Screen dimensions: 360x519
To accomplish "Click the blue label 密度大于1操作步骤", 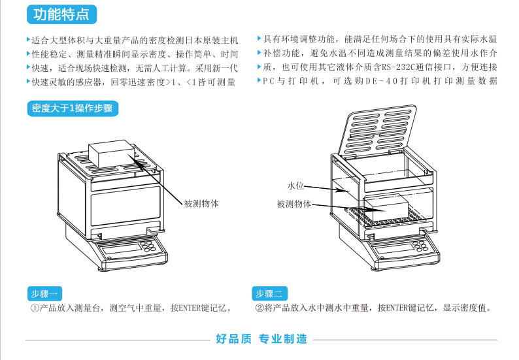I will (72, 108).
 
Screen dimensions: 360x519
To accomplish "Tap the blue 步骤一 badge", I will (44, 293).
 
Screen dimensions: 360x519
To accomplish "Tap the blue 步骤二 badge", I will (269, 293).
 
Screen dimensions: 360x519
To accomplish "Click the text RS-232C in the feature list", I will (397, 67).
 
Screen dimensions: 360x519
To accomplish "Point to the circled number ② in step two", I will (259, 308).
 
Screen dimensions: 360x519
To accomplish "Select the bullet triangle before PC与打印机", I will (259, 81).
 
